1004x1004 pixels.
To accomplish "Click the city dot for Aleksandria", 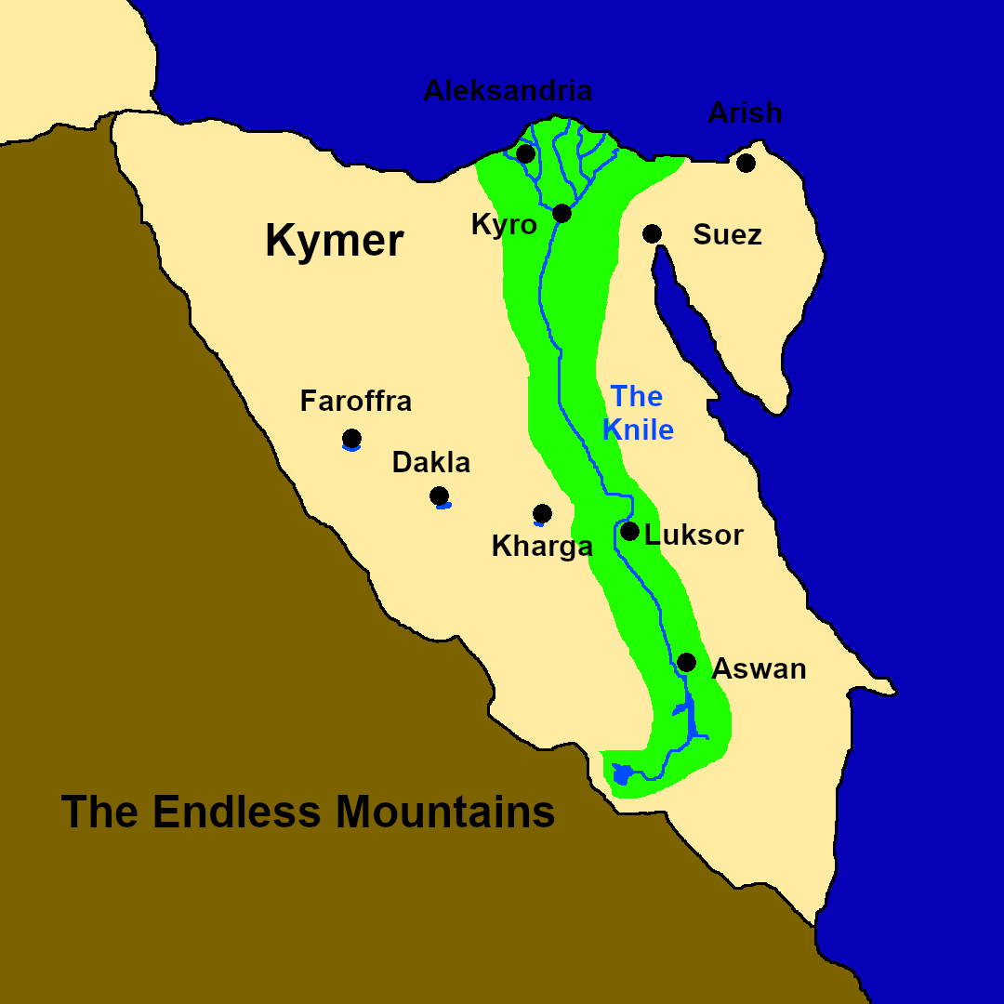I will (x=526, y=153).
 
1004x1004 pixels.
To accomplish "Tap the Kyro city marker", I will (x=561, y=213).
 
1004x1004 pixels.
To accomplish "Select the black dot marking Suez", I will (x=653, y=233).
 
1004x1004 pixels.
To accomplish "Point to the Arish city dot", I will (x=746, y=163).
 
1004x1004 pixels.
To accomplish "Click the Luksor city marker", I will (x=629, y=532).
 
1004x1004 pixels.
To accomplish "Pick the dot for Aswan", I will (x=686, y=662).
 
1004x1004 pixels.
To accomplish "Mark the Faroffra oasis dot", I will (x=351, y=438).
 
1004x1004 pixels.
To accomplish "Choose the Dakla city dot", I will (x=440, y=495).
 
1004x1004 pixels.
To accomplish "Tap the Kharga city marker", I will (x=542, y=513).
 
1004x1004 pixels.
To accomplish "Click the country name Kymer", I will (x=334, y=241).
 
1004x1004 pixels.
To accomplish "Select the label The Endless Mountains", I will (x=308, y=812).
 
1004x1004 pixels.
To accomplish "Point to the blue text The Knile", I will (x=638, y=413).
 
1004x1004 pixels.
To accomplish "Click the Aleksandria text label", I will (x=508, y=91).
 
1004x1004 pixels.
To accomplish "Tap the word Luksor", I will (x=694, y=535).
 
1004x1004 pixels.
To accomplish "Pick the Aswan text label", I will (x=759, y=668).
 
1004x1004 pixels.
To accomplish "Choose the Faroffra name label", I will (x=355, y=402).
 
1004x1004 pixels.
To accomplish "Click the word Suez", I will (x=727, y=235).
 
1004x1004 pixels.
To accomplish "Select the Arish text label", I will (x=745, y=113).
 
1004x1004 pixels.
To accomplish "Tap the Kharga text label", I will (x=542, y=547).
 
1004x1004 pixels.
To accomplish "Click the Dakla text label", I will (x=431, y=462).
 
